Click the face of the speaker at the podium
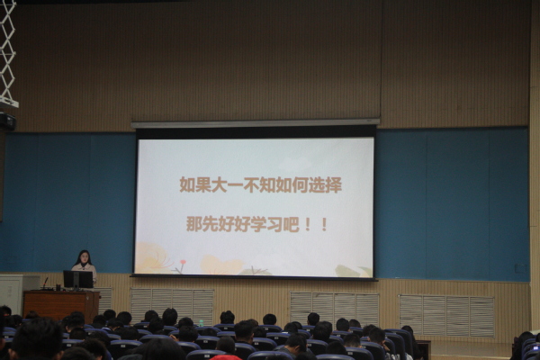84,257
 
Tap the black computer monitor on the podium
78,279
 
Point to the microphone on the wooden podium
45,283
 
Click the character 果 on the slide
203,184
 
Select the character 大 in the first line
220,184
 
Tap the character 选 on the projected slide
317,184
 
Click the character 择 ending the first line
334,184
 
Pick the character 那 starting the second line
193,224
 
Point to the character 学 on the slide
258,224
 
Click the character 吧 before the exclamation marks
291,224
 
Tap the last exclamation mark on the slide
324,224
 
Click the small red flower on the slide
183,263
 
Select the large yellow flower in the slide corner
154,257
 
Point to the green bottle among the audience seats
201,323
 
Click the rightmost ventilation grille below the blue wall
446,315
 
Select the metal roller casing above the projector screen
256,123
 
